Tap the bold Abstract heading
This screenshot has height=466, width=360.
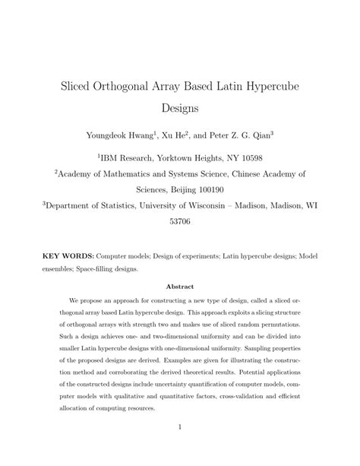coord(180,287)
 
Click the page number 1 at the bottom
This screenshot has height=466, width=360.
coord(180,427)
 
